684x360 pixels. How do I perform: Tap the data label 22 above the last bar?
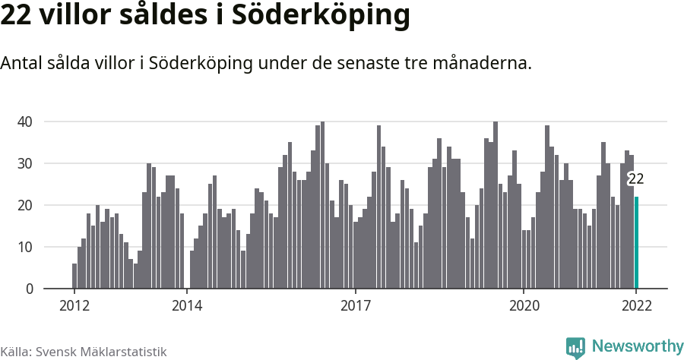click(636, 179)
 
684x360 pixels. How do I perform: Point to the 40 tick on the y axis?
click(25, 122)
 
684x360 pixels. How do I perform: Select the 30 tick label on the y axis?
click(25, 163)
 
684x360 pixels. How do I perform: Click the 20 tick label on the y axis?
click(25, 205)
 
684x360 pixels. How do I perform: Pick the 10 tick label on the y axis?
click(25, 247)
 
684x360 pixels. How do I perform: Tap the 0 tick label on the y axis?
click(30, 289)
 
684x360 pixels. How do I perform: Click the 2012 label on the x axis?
click(74, 306)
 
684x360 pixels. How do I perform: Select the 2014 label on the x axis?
click(187, 306)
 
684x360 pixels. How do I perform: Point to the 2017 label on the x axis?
click(355, 306)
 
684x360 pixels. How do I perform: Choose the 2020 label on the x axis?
click(524, 306)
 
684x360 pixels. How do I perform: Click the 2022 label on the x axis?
click(636, 306)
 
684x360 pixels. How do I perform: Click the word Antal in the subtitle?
click(22, 63)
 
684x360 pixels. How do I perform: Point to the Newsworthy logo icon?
click(575, 347)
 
